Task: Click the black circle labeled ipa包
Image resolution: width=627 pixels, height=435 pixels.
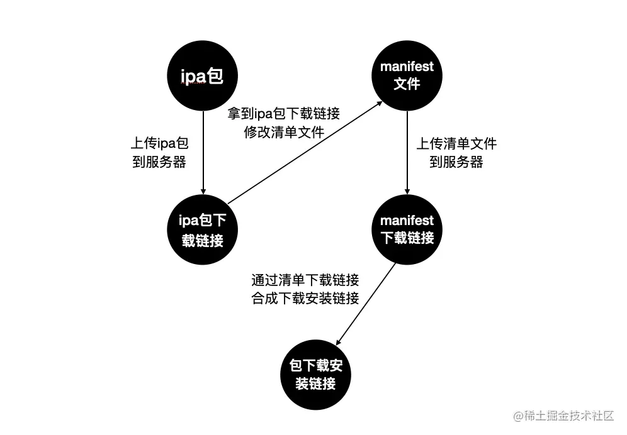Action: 202,75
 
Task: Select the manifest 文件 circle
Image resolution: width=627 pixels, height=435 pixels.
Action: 407,75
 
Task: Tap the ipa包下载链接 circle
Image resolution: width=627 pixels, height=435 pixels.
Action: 202,229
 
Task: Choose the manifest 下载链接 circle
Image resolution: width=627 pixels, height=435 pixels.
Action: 407,229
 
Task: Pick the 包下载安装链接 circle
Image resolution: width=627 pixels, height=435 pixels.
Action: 315,375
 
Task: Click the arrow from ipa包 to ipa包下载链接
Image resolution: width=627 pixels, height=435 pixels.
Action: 203,153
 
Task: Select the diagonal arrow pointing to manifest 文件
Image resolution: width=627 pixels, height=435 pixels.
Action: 305,153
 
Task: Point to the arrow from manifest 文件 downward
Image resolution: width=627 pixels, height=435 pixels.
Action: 407,153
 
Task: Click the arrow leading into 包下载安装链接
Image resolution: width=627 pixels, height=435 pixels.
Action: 366,304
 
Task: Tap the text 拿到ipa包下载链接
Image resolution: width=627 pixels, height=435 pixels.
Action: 283,113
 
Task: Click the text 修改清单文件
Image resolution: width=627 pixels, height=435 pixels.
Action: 284,132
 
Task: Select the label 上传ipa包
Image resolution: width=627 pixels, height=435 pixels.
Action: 159,143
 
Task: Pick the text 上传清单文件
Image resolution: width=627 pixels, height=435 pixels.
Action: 456,143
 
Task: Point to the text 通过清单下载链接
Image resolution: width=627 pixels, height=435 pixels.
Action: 305,280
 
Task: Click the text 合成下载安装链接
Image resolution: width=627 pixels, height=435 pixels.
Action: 305,299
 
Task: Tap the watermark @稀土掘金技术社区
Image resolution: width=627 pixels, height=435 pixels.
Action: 563,416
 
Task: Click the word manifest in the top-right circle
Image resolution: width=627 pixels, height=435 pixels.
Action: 407,66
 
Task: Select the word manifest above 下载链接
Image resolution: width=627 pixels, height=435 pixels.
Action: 407,221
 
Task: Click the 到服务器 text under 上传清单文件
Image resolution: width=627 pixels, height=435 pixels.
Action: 456,162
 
